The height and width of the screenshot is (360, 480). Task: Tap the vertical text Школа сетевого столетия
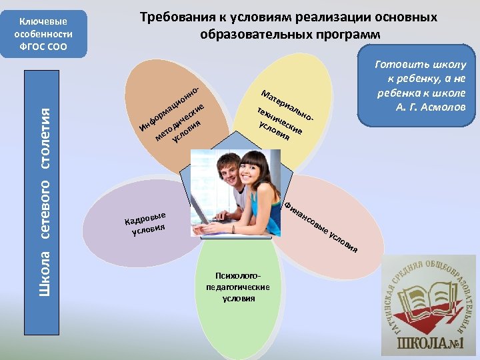pyautogui.click(x=45, y=193)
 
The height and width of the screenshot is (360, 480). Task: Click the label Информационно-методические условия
pyautogui.click(x=175, y=116)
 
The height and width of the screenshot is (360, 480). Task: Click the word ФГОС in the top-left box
pyautogui.click(x=32, y=45)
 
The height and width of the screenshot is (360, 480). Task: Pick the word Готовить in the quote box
pyautogui.click(x=399, y=65)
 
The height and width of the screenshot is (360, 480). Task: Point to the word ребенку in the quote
pyautogui.click(x=410, y=78)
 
